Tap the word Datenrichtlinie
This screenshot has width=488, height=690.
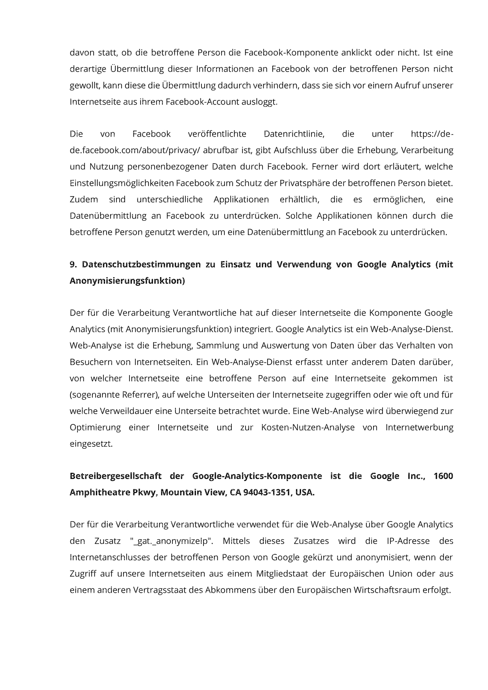click(x=294, y=134)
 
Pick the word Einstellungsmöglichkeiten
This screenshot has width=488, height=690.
click(x=122, y=183)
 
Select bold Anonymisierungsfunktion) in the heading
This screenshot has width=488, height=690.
click(x=127, y=281)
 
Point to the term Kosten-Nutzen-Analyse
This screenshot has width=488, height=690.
click(x=308, y=427)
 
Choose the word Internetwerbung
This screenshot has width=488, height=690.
click(x=419, y=427)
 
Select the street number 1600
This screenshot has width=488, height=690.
click(x=443, y=476)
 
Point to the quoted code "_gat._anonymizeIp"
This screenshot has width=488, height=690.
click(x=171, y=541)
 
